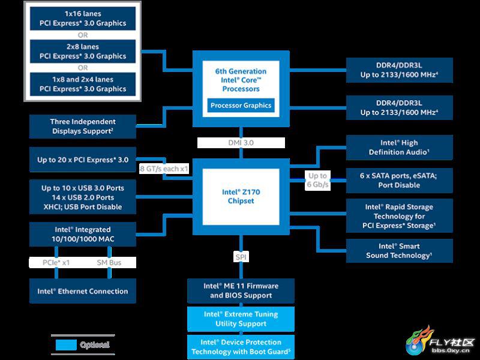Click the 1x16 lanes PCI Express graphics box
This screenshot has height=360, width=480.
click(x=83, y=19)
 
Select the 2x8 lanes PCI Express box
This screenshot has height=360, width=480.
click(x=83, y=52)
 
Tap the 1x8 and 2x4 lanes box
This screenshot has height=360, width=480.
click(x=83, y=84)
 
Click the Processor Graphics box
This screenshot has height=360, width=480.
click(x=241, y=106)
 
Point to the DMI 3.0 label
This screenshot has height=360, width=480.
click(x=241, y=143)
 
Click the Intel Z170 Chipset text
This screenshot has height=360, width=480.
click(x=241, y=197)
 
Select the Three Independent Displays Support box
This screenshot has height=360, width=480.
click(x=83, y=127)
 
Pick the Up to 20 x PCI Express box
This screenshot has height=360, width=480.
click(x=83, y=160)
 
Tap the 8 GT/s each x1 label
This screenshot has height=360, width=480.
click(x=164, y=169)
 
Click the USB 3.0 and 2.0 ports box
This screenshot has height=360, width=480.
click(x=83, y=197)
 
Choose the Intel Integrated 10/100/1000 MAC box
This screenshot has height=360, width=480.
click(x=83, y=235)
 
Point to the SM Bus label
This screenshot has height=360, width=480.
click(x=109, y=263)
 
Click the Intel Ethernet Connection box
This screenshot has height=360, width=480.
click(x=83, y=291)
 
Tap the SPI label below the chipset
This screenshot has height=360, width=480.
click(x=241, y=257)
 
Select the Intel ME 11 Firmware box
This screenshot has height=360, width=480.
click(x=241, y=291)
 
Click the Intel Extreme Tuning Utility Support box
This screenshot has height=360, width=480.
click(x=241, y=319)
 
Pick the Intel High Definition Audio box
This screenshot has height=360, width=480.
click(x=399, y=148)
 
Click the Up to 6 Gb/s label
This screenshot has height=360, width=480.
click(x=317, y=181)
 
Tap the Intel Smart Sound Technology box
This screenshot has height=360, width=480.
click(x=399, y=251)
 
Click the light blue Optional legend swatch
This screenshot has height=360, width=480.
click(x=66, y=344)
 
